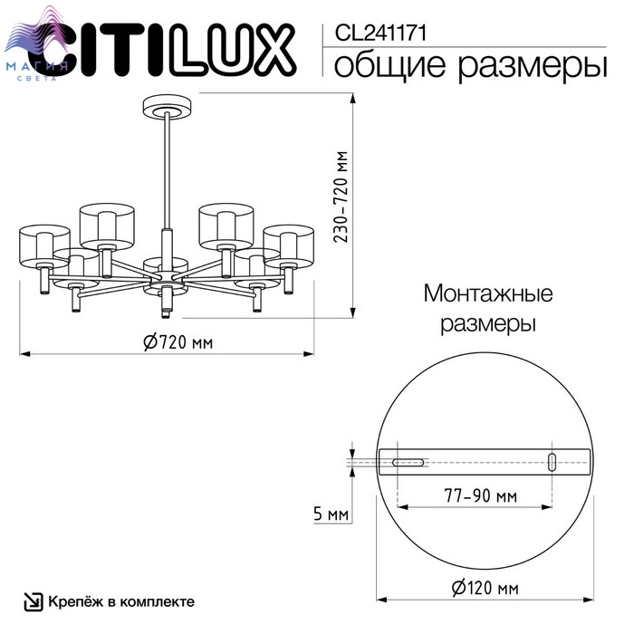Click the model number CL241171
[380, 33]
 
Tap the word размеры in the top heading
[533, 67]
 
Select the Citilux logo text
[162, 49]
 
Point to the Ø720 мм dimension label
[178, 342]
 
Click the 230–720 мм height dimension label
[341, 197]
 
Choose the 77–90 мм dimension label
[480, 495]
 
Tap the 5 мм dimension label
[331, 514]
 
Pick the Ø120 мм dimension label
[485, 588]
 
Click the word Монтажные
[488, 293]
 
